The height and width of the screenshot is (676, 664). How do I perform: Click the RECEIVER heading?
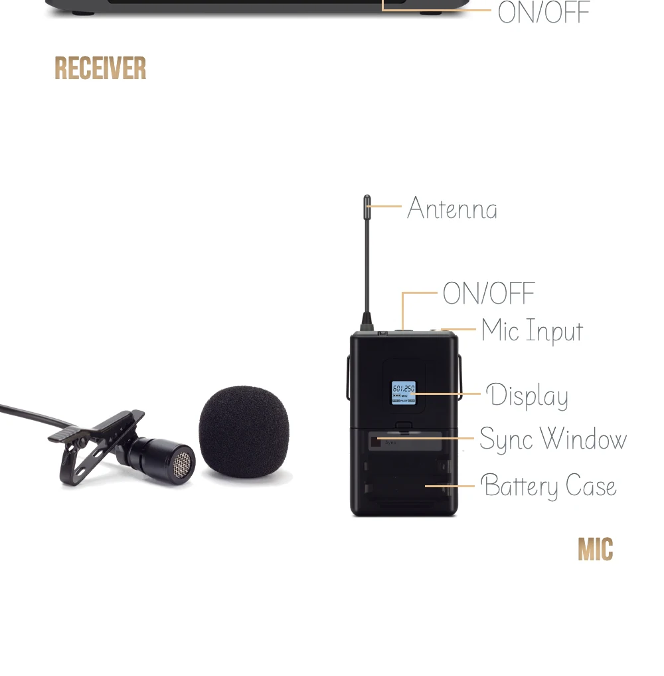tap(100, 68)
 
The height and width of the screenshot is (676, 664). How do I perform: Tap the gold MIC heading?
tap(595, 550)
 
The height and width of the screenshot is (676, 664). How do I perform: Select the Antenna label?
tap(452, 209)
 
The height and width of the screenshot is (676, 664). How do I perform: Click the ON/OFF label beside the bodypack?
tap(489, 294)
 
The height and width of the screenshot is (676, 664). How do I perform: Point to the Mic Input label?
tap(533, 332)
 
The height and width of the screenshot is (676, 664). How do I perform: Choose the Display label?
tap(527, 397)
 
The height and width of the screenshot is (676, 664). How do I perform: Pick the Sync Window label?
tap(553, 440)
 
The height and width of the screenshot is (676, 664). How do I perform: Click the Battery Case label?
tap(548, 487)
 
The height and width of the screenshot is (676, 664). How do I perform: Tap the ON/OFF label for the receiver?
tap(544, 13)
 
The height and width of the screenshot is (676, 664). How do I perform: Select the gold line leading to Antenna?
tap(386, 207)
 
